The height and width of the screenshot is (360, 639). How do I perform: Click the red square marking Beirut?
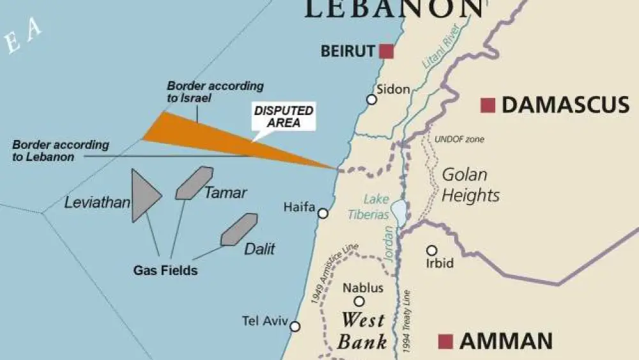386,51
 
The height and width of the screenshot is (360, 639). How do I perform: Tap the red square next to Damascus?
488,105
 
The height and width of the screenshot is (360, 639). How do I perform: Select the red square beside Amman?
445,341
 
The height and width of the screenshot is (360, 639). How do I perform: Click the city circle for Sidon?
371,99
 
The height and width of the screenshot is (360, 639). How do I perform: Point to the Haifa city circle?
323,213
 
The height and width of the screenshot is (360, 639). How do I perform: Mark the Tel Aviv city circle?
295,326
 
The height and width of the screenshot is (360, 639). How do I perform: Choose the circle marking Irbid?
432,250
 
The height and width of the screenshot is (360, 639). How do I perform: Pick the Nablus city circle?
359,301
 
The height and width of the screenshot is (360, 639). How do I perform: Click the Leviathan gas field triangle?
143,196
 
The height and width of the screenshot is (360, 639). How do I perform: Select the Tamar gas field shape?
194,183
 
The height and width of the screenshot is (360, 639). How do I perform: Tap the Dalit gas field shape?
239,230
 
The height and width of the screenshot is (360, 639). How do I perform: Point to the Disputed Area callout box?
284,116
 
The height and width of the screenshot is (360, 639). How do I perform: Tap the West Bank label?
363,331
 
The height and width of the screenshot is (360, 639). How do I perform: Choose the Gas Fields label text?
165,270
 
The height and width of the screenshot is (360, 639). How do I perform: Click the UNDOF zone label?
459,139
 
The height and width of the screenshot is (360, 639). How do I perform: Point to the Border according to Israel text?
215,92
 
